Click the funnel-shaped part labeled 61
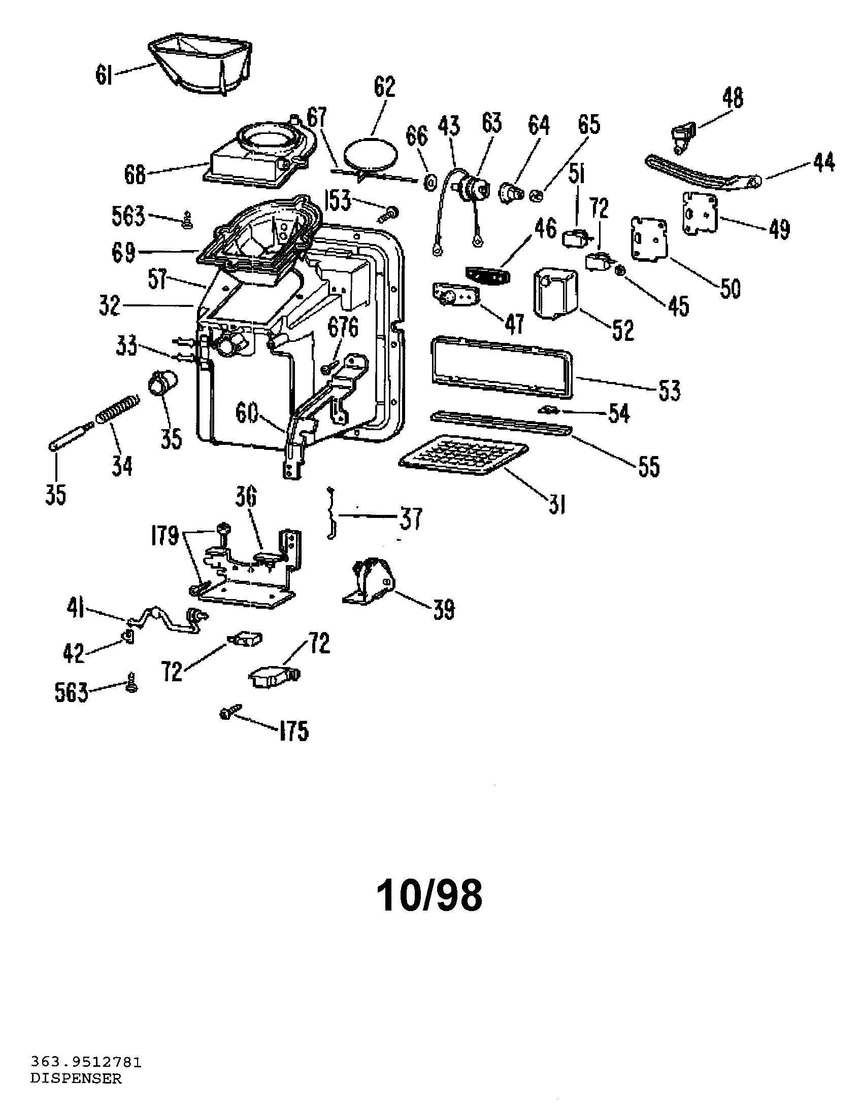[x=200, y=64]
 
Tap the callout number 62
[x=384, y=87]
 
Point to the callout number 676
[x=343, y=327]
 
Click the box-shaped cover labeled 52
[x=555, y=293]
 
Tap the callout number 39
[x=443, y=609]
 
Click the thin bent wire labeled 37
[x=332, y=513]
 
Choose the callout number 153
[x=338, y=200]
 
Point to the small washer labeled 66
[x=430, y=181]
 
